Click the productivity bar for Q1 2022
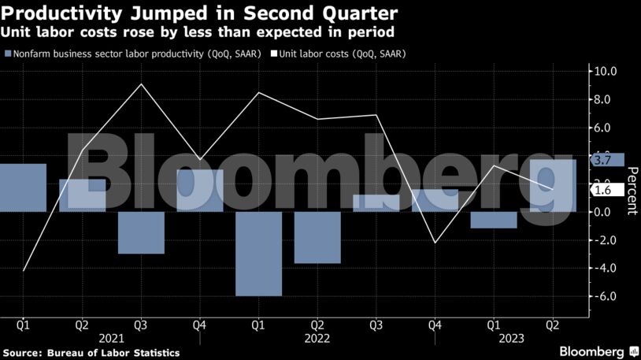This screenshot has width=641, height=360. point(258,254)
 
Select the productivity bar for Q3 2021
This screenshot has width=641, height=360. point(141,232)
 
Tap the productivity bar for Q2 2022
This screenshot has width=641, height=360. point(317,237)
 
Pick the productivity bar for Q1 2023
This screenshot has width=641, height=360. point(494,220)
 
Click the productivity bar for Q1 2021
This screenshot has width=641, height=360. point(23,187)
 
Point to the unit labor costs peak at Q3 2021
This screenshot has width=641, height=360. point(141,84)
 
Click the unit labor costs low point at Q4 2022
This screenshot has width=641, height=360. point(435,243)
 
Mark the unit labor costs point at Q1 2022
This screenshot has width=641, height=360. point(258,92)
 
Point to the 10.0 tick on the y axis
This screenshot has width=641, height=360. point(605,71)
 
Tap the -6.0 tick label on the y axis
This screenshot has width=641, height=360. point(604,296)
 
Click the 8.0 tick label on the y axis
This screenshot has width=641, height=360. point(605,99)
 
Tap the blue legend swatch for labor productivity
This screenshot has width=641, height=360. point(9,54)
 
